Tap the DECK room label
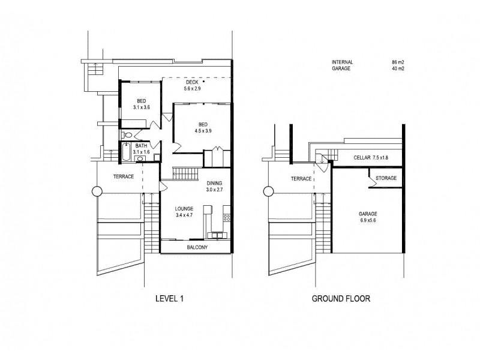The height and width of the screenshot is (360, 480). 192,82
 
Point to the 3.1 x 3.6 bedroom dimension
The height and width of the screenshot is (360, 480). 141,107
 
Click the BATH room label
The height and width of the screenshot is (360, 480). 141,146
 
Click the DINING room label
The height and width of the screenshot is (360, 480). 215,183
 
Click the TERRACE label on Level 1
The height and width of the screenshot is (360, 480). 123,177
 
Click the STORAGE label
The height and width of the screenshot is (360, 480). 386,179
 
